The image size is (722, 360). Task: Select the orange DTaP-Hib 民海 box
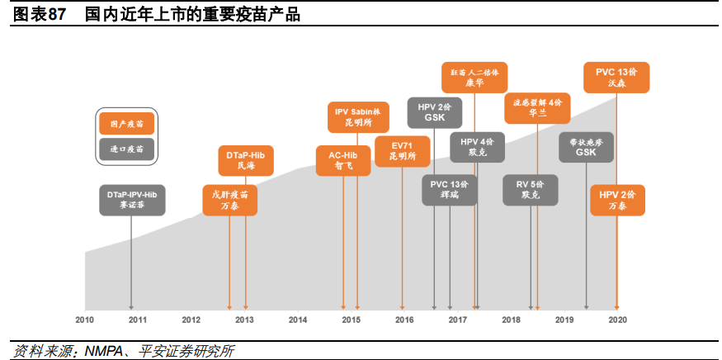point(246,160)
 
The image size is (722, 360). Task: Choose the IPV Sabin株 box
point(356,117)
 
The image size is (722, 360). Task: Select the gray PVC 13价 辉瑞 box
point(450,190)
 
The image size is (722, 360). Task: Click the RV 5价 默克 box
point(531,190)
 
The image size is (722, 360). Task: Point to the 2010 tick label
point(84,320)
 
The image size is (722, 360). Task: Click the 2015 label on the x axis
point(351,320)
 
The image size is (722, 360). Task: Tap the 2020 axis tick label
point(617,320)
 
